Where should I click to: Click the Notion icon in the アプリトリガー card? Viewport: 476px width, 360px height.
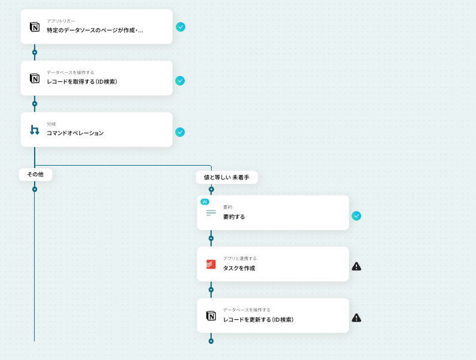click(x=35, y=27)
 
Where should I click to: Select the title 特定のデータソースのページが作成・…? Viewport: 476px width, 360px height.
click(x=95, y=30)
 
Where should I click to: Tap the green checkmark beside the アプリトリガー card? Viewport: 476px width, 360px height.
click(x=180, y=27)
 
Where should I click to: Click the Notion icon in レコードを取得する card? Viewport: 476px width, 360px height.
click(x=35, y=78)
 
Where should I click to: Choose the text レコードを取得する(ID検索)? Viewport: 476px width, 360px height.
click(x=82, y=81)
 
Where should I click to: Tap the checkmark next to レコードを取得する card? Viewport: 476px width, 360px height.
click(x=180, y=81)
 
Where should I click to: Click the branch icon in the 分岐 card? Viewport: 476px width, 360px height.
click(x=35, y=130)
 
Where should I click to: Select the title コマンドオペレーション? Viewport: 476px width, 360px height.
click(x=75, y=133)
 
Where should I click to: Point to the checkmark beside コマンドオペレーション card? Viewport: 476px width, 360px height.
click(x=180, y=132)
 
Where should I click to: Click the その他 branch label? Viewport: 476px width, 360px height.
click(x=35, y=174)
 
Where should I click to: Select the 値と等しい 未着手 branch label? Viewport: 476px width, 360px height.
click(x=227, y=177)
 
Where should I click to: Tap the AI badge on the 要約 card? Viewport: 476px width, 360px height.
click(x=205, y=202)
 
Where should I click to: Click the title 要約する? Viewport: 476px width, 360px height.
click(x=234, y=216)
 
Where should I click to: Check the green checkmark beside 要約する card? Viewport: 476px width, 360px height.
click(x=356, y=216)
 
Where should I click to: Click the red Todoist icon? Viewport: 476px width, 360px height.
click(x=211, y=264)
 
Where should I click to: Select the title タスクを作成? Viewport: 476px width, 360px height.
click(x=239, y=268)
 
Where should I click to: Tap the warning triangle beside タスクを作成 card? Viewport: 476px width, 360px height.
click(x=356, y=267)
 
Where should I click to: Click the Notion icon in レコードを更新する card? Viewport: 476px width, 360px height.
click(x=211, y=316)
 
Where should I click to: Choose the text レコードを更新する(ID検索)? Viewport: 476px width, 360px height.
click(x=258, y=319)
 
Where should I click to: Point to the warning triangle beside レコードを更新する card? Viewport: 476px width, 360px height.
click(x=356, y=318)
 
